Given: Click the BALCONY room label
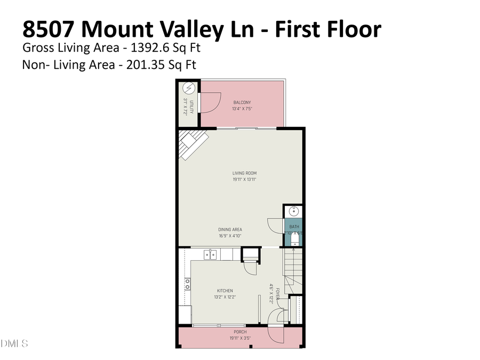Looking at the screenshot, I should tap(242, 102).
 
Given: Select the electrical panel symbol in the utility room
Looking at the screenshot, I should tap(188, 88).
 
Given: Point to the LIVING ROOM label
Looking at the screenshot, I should tap(244, 173).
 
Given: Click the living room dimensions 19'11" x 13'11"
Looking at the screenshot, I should tap(244, 180).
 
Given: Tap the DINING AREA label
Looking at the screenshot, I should tap(230, 229).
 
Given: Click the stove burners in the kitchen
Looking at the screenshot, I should tap(188, 283).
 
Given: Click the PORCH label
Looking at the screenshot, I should tap(239, 331).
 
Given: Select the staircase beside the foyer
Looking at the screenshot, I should tap(293, 270).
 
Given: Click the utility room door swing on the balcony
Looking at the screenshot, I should tap(209, 102).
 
